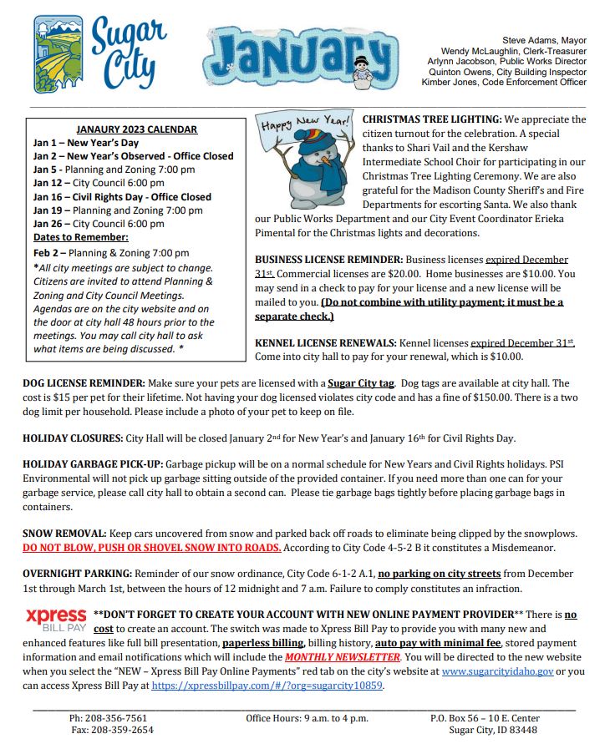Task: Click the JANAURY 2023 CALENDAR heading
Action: click(x=137, y=129)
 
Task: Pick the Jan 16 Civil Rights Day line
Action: click(x=122, y=197)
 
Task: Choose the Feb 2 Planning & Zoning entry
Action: click(x=111, y=253)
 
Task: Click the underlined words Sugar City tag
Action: click(x=360, y=383)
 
